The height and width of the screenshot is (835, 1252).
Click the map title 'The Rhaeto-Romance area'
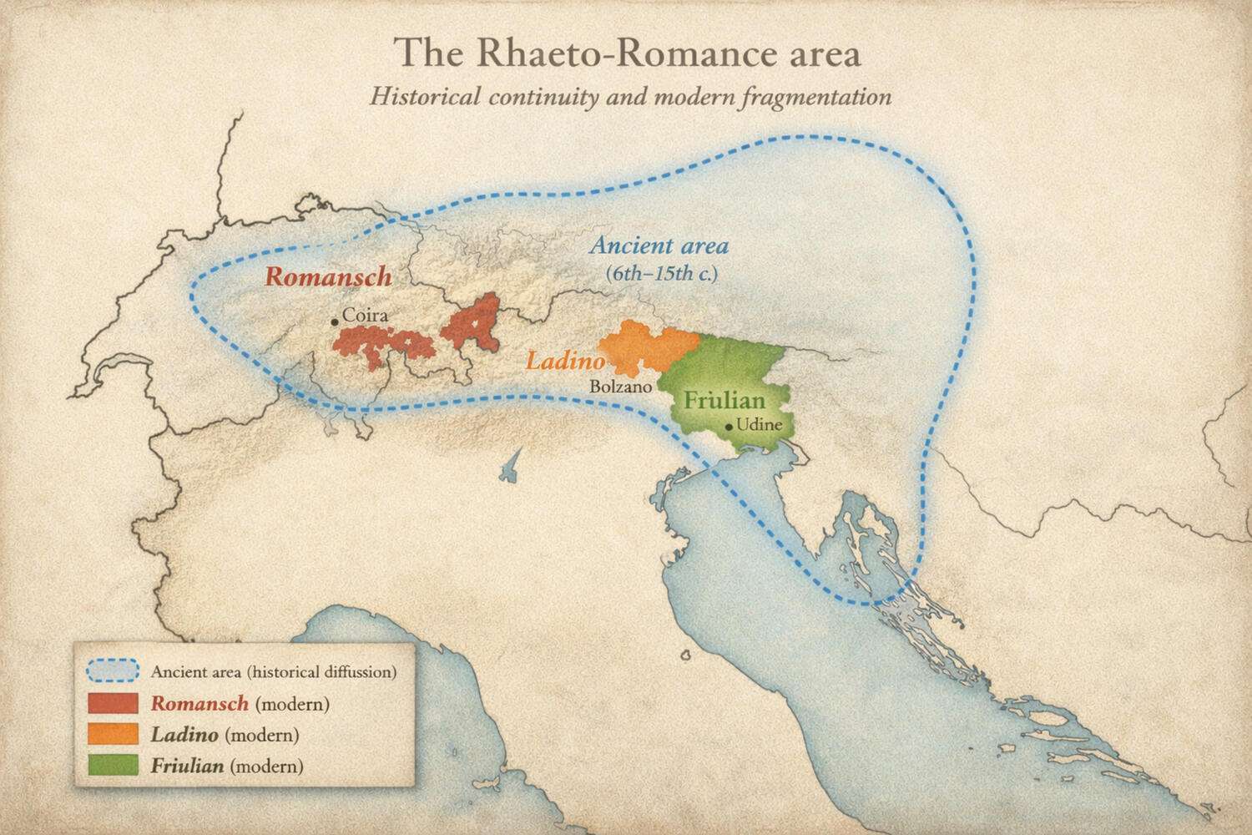(628, 53)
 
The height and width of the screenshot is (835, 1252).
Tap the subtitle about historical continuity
(630, 96)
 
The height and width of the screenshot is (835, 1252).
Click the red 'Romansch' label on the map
(328, 276)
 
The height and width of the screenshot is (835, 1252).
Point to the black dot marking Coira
(335, 321)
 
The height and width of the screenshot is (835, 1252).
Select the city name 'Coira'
(366, 316)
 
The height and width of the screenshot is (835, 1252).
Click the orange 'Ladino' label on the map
(564, 362)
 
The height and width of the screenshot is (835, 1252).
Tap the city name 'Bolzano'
(620, 387)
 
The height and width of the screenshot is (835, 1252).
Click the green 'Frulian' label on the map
(724, 400)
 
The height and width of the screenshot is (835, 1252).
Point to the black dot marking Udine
(729, 427)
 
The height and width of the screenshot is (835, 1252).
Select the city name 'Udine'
(759, 425)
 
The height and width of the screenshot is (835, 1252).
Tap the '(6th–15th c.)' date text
(661, 273)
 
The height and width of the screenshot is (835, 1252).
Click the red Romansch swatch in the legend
(113, 703)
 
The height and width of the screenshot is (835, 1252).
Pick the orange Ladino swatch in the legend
(113, 735)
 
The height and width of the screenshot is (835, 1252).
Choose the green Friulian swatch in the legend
(113, 766)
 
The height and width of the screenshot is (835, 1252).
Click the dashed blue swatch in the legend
(113, 671)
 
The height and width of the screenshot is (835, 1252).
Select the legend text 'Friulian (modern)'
(227, 766)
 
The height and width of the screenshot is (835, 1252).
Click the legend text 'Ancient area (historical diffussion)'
(274, 671)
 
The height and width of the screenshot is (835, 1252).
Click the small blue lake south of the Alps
(509, 470)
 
